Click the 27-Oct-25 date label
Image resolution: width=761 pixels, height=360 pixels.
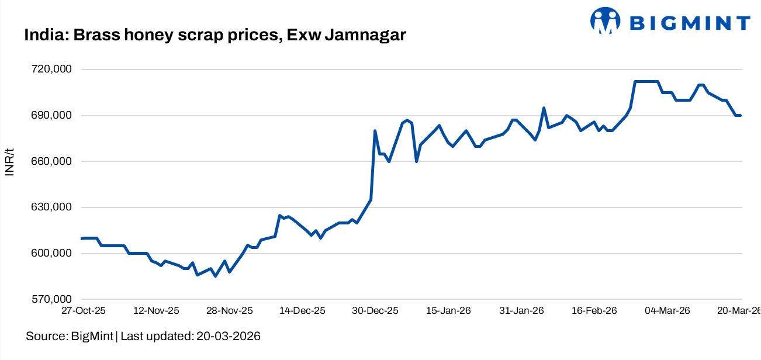(x=84, y=311)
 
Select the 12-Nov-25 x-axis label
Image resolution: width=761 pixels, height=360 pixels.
(x=157, y=311)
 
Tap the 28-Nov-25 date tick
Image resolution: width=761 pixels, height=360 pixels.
(x=230, y=311)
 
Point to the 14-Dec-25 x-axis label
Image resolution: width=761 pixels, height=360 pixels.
(x=303, y=311)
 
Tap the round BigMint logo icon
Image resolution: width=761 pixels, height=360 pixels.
(x=604, y=21)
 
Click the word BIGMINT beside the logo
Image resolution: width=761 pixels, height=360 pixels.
(x=690, y=23)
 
